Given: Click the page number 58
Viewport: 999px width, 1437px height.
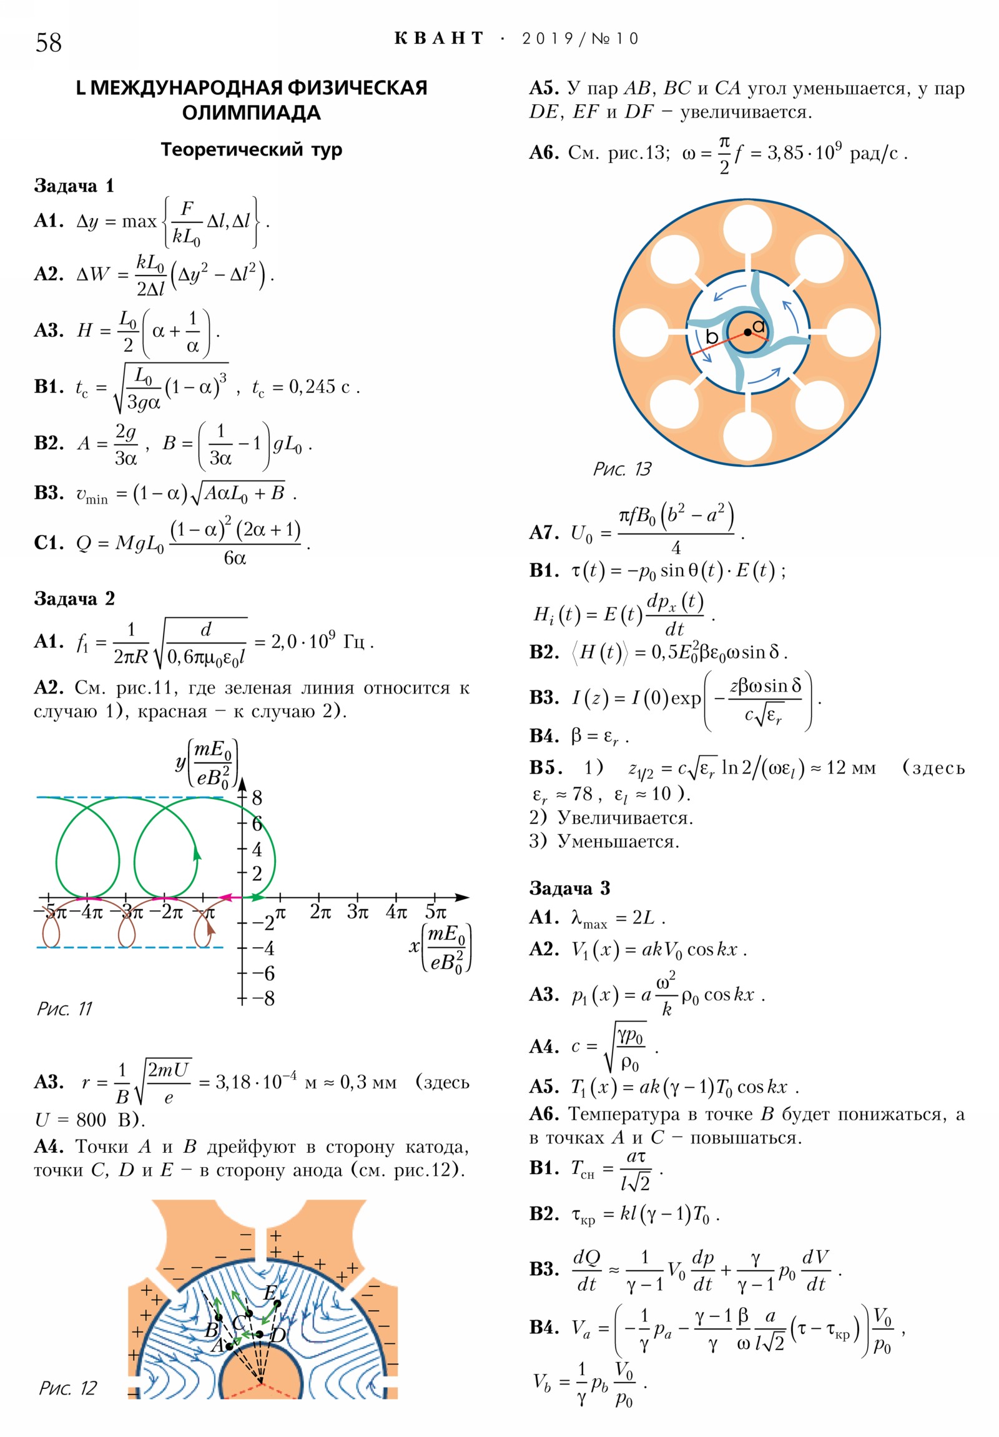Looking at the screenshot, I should (x=48, y=42).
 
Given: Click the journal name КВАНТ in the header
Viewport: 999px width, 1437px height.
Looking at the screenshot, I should (x=438, y=39).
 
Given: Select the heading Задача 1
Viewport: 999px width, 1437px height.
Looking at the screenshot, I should (x=74, y=186).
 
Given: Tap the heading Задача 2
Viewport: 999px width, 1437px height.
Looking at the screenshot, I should (x=74, y=599).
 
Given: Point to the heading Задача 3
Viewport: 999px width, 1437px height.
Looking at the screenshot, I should (x=569, y=887).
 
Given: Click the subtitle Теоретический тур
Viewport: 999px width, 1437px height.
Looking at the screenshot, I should (x=252, y=149).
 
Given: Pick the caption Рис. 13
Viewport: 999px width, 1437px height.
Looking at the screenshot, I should (x=621, y=469).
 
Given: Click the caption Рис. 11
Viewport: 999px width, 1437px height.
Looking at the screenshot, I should (x=64, y=1009).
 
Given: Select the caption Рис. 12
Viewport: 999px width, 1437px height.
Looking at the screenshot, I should (x=67, y=1388).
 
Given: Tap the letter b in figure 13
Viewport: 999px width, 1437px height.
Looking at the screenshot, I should (x=711, y=337).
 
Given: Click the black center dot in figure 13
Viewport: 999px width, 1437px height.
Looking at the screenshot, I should (x=747, y=332).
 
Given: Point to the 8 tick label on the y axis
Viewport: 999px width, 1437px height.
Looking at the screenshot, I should (x=257, y=798).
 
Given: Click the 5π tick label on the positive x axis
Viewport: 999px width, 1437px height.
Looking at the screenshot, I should (x=435, y=912).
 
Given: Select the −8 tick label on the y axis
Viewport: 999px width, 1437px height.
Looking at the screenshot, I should (x=263, y=998).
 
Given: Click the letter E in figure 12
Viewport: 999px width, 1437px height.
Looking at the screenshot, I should (x=270, y=1293).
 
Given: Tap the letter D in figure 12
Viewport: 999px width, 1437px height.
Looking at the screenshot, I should (x=278, y=1335).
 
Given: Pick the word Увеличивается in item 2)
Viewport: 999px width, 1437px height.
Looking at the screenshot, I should (x=624, y=817).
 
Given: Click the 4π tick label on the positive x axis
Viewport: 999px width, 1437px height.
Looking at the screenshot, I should (x=396, y=912).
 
